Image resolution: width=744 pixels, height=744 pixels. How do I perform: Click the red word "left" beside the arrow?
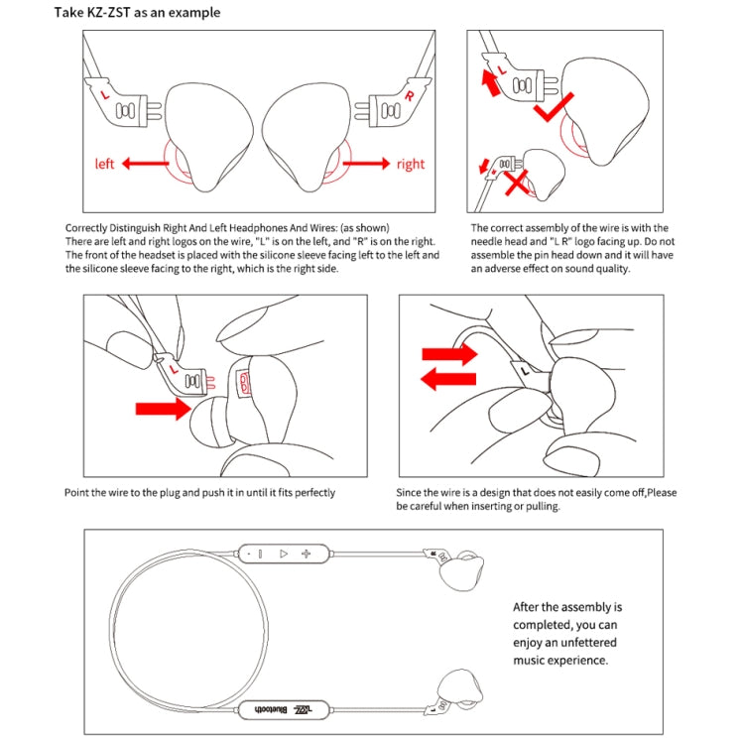point(105,164)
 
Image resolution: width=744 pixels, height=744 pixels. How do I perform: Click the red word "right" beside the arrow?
point(410,164)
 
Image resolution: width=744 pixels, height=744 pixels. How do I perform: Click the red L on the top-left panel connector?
point(105,97)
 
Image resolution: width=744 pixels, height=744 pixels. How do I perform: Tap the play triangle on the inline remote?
point(283,554)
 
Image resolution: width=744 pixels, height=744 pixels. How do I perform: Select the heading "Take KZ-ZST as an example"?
point(137,13)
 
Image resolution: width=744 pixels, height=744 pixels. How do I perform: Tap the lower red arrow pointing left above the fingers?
point(447,377)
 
